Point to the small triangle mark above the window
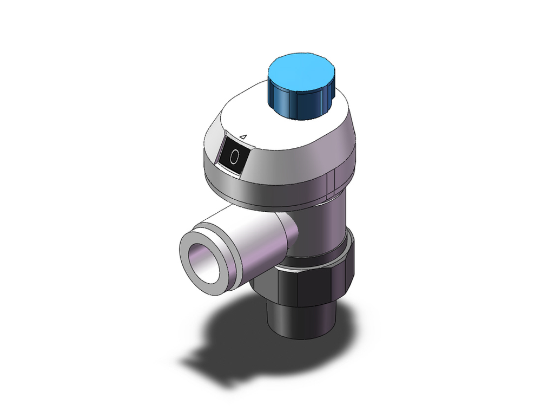click(243, 137)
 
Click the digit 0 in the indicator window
click(234, 156)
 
